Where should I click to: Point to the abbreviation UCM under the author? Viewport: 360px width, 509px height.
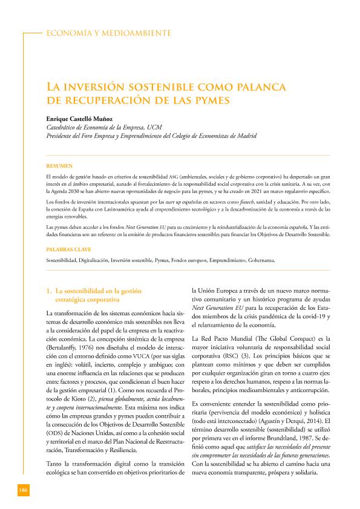(x=154, y=128)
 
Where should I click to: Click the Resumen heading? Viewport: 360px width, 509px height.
(x=59, y=165)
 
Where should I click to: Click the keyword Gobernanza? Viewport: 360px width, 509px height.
(x=261, y=260)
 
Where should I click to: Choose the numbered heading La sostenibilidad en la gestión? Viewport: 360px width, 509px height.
(x=91, y=291)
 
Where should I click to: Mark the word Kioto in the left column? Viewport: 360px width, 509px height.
(x=79, y=395)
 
